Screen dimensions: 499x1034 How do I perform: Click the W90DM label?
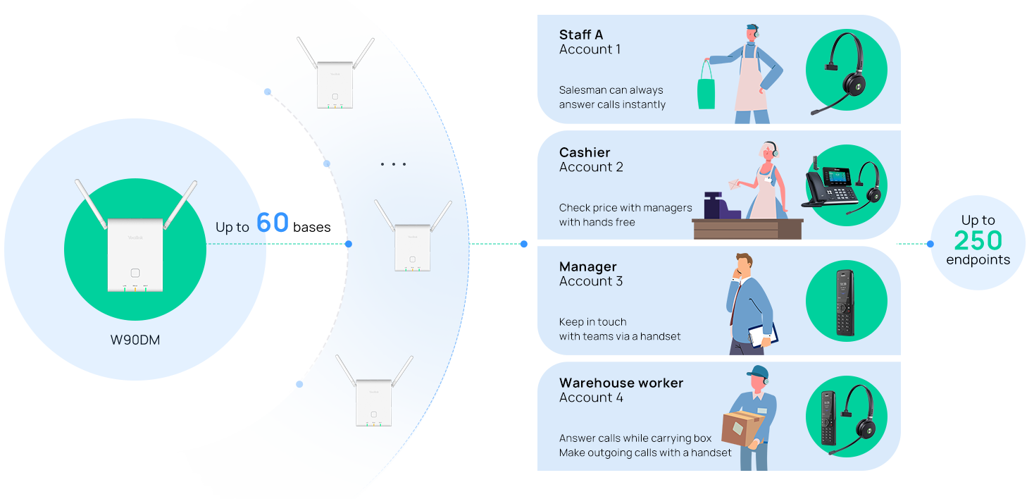[135, 340]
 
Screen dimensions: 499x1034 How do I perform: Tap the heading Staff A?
[581, 35]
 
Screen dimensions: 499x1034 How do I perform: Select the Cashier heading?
[585, 152]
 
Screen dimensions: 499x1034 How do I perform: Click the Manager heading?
[587, 266]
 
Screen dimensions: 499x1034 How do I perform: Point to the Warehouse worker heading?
[621, 383]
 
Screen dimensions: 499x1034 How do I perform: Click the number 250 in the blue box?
[978, 241]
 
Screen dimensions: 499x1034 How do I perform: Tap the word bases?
[311, 227]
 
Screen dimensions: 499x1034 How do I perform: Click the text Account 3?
[590, 281]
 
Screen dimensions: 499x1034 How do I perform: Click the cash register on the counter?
[717, 205]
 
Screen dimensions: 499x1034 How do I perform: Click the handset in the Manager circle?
[845, 302]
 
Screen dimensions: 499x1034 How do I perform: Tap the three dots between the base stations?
[393, 164]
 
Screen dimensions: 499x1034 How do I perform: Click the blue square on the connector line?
[524, 244]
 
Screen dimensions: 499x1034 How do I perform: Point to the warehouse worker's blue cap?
[757, 371]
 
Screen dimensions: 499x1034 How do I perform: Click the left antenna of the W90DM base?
[90, 204]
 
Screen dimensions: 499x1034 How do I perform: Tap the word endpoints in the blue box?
[978, 260]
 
